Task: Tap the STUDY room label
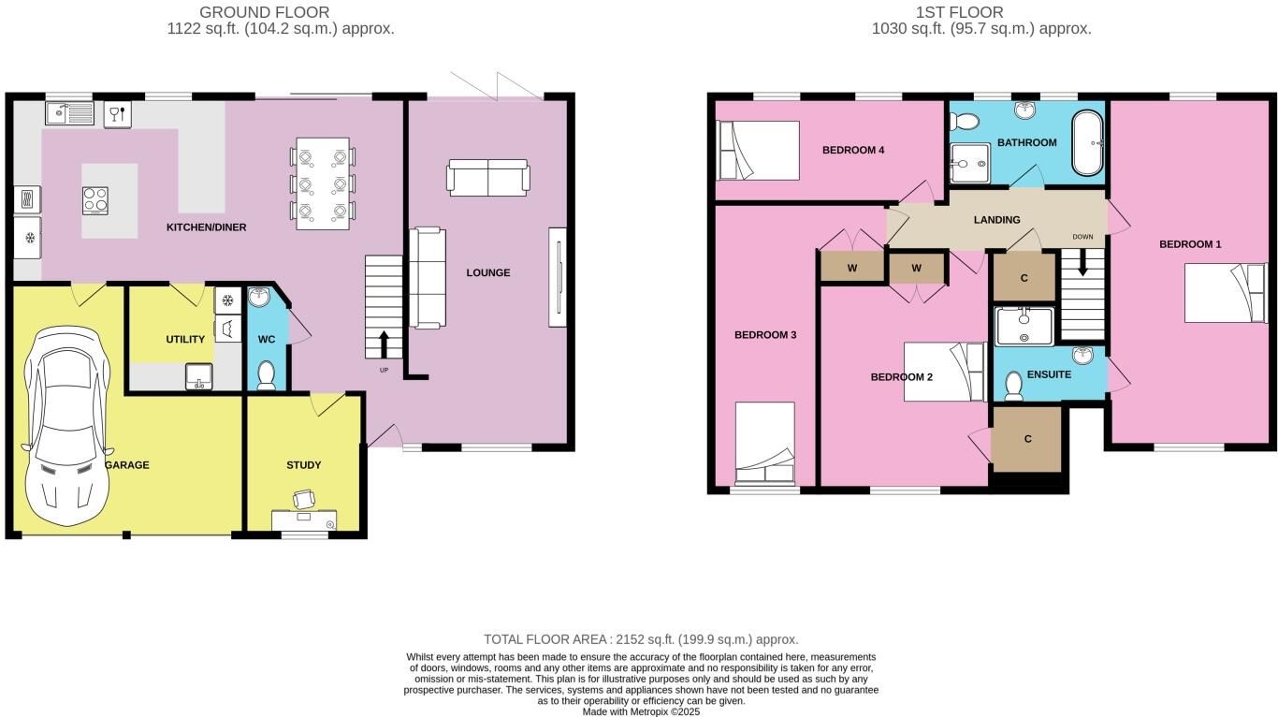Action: click(303, 465)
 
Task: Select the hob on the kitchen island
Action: click(95, 201)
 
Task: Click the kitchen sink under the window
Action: click(69, 113)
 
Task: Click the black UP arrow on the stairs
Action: click(384, 344)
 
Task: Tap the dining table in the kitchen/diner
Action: click(323, 183)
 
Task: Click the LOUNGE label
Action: click(488, 273)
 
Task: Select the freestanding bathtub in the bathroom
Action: click(1087, 142)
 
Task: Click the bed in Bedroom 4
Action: click(758, 151)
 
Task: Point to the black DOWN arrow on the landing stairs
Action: click(1082, 263)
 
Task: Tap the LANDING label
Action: click(996, 220)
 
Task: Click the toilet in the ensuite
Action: click(1014, 386)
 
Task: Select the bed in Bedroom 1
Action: click(1225, 293)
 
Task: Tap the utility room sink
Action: click(199, 376)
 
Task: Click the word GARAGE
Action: click(127, 465)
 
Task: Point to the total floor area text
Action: click(641, 639)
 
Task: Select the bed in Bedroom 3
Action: click(765, 444)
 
